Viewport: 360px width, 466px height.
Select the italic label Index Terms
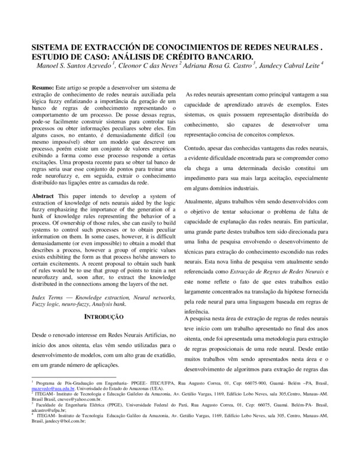tap(47, 296)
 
